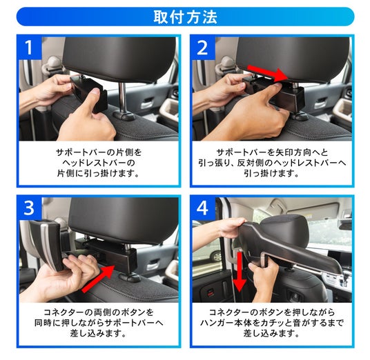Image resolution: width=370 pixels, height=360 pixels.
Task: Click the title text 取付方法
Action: click(185, 17)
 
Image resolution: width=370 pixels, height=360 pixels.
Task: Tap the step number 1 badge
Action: click(29, 48)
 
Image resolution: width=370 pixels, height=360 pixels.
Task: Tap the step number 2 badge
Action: click(202, 48)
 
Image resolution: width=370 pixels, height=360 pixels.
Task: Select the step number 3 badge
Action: click(29, 208)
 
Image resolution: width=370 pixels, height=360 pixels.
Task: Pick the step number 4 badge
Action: click(202, 208)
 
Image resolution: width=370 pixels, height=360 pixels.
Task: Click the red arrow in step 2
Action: click(268, 73)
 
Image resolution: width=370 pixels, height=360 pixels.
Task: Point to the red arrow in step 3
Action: click(99, 279)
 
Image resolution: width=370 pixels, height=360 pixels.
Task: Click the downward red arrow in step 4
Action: click(240, 272)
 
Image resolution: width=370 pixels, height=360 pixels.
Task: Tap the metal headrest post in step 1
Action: click(122, 97)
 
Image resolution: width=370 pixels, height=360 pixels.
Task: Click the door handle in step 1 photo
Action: click(148, 103)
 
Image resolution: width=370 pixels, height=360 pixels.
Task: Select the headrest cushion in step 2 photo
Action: click(293, 59)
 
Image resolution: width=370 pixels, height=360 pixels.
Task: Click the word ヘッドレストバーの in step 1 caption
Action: click(99, 163)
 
